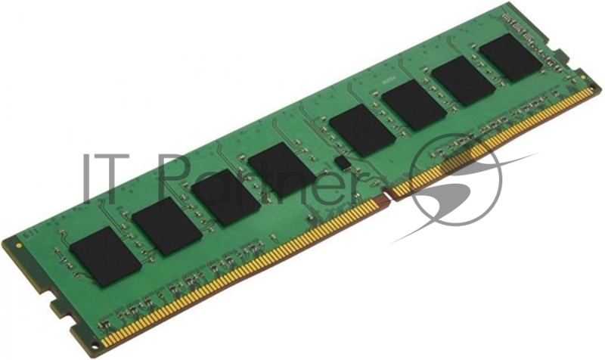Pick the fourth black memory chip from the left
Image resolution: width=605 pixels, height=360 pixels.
click(281, 169)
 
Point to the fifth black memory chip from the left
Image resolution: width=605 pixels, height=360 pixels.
click(362, 131)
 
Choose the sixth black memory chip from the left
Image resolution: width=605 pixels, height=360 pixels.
click(413, 104)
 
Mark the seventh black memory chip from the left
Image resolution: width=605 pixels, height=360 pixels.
click(464, 80)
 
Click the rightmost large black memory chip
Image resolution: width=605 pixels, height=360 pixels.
click(510, 58)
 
